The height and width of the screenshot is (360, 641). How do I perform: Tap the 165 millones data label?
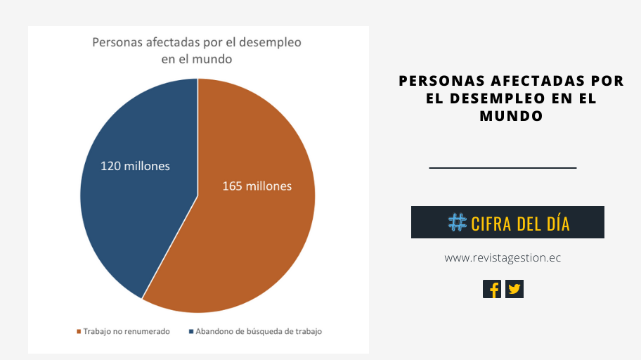[257, 186]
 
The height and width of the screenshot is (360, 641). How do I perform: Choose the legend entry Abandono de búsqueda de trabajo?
[259, 331]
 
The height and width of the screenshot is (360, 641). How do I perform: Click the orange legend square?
[79, 331]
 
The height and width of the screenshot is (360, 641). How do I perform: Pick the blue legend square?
[191, 331]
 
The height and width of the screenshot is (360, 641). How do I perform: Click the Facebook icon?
[492, 289]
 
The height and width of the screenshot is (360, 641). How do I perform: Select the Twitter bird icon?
[514, 289]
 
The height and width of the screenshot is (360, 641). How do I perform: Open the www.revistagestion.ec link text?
[503, 258]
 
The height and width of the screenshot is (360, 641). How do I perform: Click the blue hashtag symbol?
[457, 223]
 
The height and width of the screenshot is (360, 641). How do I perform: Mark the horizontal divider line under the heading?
[503, 168]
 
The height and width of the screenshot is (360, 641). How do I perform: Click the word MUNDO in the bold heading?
[511, 116]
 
